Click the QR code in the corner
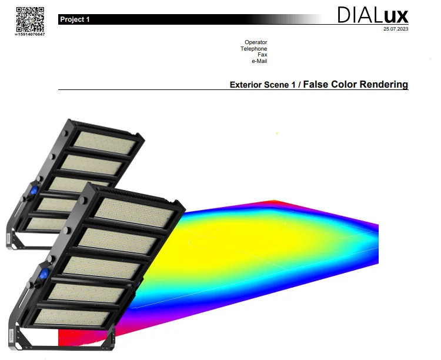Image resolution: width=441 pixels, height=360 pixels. click(x=30, y=19)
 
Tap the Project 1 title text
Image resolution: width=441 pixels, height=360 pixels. click(x=75, y=19)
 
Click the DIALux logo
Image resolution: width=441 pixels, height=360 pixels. click(x=373, y=15)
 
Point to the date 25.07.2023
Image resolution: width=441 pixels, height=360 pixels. click(x=396, y=29)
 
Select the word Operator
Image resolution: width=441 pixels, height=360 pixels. click(x=256, y=42)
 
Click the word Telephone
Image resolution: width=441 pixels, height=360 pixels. click(x=253, y=49)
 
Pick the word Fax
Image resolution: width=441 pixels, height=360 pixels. click(x=262, y=55)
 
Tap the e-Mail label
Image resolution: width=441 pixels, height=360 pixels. click(x=259, y=61)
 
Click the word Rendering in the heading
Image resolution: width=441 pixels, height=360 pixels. click(x=384, y=85)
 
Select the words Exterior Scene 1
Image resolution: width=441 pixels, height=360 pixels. click(x=262, y=85)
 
